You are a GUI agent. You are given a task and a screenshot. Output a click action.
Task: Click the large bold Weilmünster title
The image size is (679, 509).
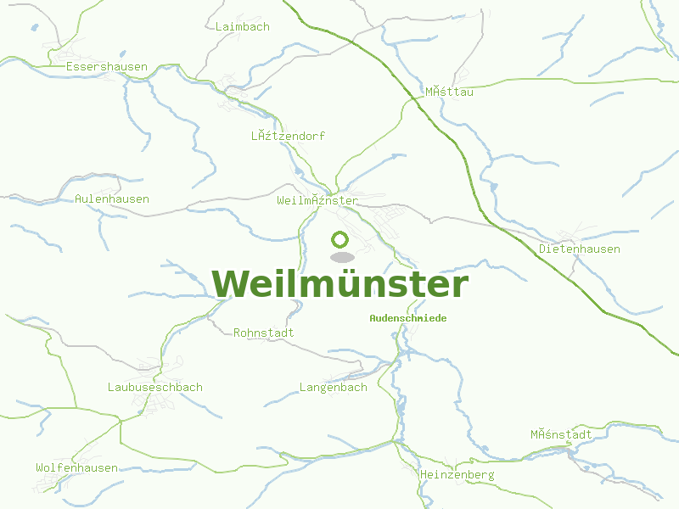pos(339,284)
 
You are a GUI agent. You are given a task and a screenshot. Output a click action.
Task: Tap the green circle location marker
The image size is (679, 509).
pos(340,240)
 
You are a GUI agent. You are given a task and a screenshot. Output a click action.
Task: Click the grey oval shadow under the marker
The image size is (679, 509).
pos(341,256)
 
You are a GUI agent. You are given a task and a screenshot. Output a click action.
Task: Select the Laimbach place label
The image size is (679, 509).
pos(242,27)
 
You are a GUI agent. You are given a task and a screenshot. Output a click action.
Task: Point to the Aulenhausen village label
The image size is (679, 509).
pos(112,199)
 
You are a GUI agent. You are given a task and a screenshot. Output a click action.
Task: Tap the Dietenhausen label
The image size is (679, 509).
pos(579,249)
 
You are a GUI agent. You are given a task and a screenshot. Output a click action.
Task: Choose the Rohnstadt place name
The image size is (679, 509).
pos(263,333)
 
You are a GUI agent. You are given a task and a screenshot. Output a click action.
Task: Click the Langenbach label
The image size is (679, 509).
pos(333,388)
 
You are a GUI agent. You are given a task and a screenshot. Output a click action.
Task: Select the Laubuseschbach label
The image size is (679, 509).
pos(154,388)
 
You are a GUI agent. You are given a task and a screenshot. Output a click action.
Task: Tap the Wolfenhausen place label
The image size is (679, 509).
pos(76,468)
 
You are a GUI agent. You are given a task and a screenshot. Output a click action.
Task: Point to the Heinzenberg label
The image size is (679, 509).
pos(457,476)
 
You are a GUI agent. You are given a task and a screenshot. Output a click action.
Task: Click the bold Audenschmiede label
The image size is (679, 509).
pos(407,318)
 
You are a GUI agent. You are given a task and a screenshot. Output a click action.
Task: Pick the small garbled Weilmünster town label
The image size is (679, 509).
pos(317,201)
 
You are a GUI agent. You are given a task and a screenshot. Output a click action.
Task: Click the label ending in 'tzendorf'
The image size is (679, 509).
pos(288,137)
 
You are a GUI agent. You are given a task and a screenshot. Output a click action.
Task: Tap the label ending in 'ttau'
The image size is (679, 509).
pos(449,92)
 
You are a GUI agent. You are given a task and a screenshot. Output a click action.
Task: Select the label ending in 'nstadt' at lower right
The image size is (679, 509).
pos(561,435)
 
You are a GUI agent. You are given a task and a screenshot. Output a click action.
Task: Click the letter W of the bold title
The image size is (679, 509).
pos(232,284)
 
